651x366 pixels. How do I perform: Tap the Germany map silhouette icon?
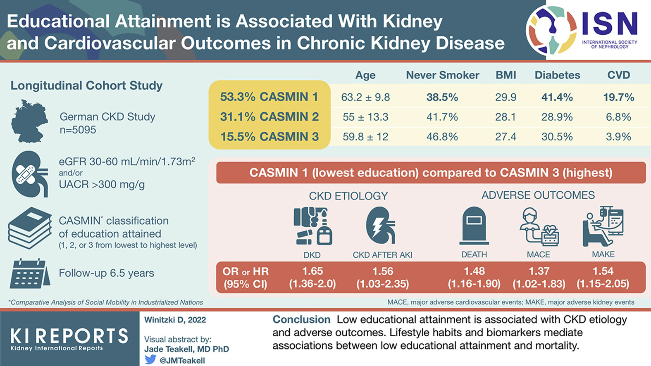29,121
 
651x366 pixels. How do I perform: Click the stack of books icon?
29,228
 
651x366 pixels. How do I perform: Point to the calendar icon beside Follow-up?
29,273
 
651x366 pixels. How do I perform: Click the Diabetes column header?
557,75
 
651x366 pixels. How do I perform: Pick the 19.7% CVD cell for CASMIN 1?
618,97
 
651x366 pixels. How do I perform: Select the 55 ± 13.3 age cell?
365,117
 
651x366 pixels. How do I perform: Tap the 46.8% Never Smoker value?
442,137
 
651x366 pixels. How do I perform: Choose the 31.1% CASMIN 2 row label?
269,117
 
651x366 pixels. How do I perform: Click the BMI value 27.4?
506,137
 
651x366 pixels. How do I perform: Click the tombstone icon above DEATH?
474,226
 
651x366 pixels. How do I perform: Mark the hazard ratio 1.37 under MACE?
539,271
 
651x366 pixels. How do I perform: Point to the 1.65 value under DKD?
312,271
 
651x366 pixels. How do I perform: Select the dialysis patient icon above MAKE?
603,226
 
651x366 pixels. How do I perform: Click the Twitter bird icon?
150,359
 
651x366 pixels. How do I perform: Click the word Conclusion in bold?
301,320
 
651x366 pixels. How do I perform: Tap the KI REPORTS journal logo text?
69,336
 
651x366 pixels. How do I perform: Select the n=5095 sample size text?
78,130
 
